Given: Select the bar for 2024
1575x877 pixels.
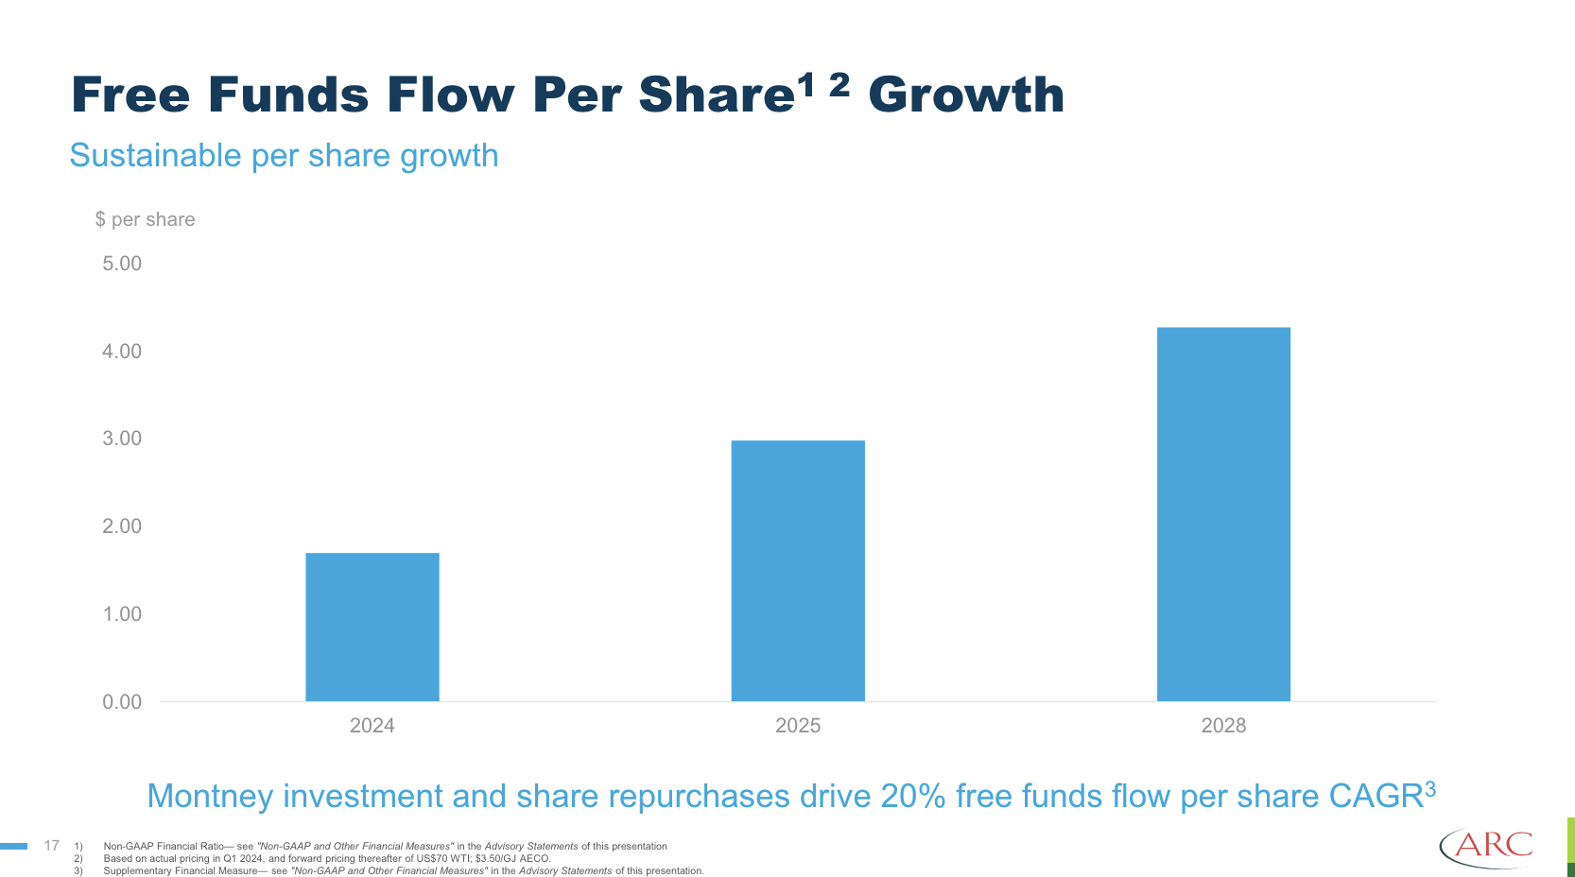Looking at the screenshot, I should pyautogui.click(x=372, y=627).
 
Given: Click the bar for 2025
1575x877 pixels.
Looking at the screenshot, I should pyautogui.click(x=798, y=571).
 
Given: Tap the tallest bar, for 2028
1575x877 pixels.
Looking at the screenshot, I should pyautogui.click(x=1223, y=514).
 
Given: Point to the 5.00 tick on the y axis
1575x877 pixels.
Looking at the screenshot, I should pyautogui.click(x=122, y=264).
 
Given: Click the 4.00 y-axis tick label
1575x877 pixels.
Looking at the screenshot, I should pyautogui.click(x=122, y=352).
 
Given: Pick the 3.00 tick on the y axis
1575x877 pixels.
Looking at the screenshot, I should pyautogui.click(x=122, y=438).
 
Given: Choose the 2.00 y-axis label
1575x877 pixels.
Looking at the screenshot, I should pyautogui.click(x=122, y=526).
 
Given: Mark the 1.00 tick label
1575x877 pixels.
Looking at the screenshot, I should pyautogui.click(x=122, y=614).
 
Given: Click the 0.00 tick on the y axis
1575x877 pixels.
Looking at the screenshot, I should pyautogui.click(x=122, y=702).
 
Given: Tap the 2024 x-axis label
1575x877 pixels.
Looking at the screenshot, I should pyautogui.click(x=372, y=726).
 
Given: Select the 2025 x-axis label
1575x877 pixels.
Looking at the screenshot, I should pyautogui.click(x=798, y=726).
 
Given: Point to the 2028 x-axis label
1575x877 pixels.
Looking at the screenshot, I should pyautogui.click(x=1223, y=726).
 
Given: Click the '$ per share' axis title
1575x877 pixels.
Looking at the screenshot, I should pyautogui.click(x=145, y=219).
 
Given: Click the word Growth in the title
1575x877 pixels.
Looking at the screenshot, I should pyautogui.click(x=966, y=95).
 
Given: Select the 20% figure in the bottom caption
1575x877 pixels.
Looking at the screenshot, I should pyautogui.click(x=913, y=797).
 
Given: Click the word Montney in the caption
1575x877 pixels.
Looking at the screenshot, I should pyautogui.click(x=210, y=797).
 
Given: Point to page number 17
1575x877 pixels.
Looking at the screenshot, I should pyautogui.click(x=52, y=846).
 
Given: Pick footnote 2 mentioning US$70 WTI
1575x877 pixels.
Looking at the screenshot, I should pyautogui.click(x=326, y=859).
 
